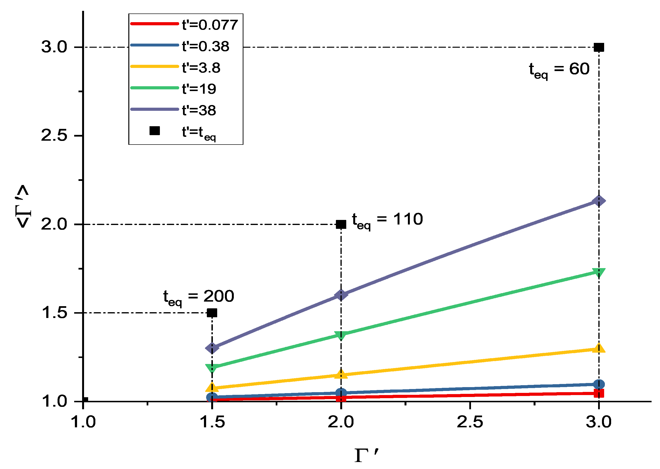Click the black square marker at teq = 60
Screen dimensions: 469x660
[599, 47]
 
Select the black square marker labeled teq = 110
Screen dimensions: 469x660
[341, 225]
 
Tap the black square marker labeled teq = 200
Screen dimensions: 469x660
[212, 313]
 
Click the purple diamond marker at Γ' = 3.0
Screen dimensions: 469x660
[599, 201]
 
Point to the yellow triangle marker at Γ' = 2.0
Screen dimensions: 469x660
[341, 374]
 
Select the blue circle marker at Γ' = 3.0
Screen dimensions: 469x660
[599, 384]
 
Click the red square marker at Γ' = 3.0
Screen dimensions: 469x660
[599, 393]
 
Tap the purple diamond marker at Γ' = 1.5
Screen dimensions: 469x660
[212, 348]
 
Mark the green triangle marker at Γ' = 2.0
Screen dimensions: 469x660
[341, 335]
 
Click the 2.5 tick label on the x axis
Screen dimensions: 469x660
[470, 422]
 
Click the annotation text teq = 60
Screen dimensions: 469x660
[559, 70]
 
